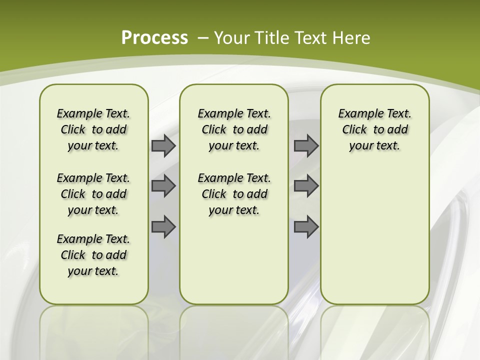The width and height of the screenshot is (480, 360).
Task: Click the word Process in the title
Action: [x=154, y=37]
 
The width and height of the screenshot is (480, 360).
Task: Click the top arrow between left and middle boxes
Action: [x=163, y=146]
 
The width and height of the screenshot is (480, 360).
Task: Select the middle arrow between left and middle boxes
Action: [x=163, y=186]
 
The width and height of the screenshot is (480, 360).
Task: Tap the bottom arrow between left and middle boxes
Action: [x=163, y=227]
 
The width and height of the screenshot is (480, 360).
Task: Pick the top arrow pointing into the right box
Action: [x=306, y=146]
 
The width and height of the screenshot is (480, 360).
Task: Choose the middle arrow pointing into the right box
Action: [x=306, y=186]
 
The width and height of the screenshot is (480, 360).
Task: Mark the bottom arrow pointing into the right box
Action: [x=306, y=227]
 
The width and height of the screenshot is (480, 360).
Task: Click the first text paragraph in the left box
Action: [x=93, y=129]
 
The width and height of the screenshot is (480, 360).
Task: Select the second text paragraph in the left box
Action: [x=93, y=194]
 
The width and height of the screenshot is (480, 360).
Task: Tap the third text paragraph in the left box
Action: [x=93, y=255]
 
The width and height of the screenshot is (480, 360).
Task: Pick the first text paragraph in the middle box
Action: [x=234, y=129]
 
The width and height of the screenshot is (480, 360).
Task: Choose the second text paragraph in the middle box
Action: [x=234, y=194]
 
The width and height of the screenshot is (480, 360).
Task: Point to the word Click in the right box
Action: [x=354, y=130]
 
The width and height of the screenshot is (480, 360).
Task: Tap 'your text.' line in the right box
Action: [x=374, y=146]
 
